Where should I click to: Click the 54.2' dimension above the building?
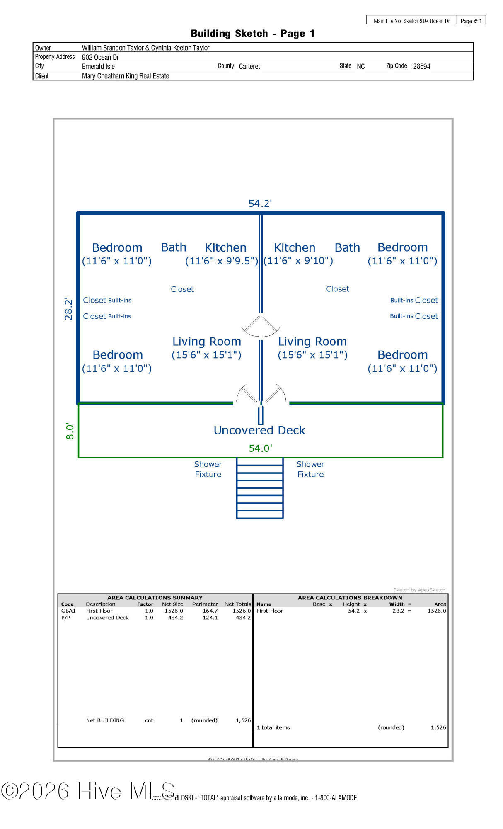click(260, 204)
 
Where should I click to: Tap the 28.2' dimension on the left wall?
click(68, 309)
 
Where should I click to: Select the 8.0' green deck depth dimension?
click(70, 431)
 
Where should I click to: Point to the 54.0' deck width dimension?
click(260, 448)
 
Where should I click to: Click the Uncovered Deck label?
click(259, 431)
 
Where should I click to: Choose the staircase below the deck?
click(260, 488)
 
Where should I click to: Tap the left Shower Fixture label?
click(208, 469)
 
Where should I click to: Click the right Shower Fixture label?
click(310, 469)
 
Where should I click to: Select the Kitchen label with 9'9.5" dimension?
click(225, 248)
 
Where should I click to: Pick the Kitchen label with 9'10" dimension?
click(295, 248)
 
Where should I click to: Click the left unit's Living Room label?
click(207, 342)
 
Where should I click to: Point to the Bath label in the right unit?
click(347, 248)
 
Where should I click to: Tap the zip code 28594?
click(421, 66)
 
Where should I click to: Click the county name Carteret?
click(249, 66)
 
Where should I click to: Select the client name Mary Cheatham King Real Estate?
click(126, 76)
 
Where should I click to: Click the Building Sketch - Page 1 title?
click(253, 34)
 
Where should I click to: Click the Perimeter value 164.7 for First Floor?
click(210, 611)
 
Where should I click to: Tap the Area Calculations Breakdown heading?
click(350, 598)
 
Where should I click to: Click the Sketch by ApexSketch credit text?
click(419, 590)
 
